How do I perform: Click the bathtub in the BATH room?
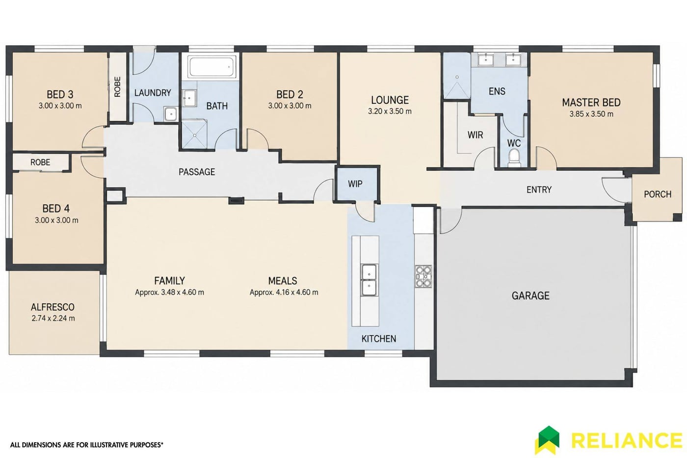pos(211,67)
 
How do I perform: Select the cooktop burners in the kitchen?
pos(423,276)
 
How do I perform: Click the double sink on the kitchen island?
pos(369,280)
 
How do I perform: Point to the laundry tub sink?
pos(170,114)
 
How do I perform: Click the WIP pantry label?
pos(355,184)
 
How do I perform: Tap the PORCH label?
pos(658,194)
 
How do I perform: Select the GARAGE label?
pos(530,296)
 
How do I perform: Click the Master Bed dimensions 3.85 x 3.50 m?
pos(591,114)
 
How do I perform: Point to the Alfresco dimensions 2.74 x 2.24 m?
pos(53,319)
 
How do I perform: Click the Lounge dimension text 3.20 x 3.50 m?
pos(390,111)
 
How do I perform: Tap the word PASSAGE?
pos(197,172)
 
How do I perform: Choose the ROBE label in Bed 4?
pos(40,162)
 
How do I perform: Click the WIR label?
pos(475,135)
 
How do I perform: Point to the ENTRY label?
pos(539,189)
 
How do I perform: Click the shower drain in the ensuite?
pos(457,77)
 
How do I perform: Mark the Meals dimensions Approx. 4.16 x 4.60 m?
pos(284,293)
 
